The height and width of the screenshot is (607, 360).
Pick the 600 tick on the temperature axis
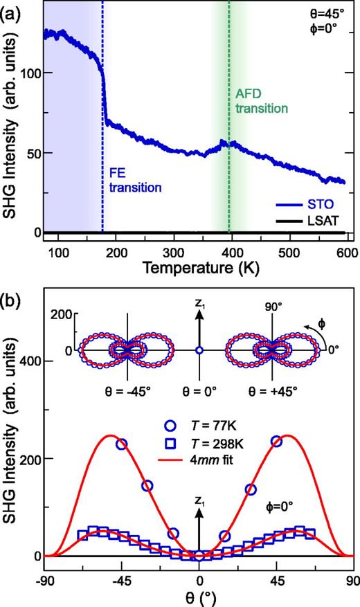coord(347,248)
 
